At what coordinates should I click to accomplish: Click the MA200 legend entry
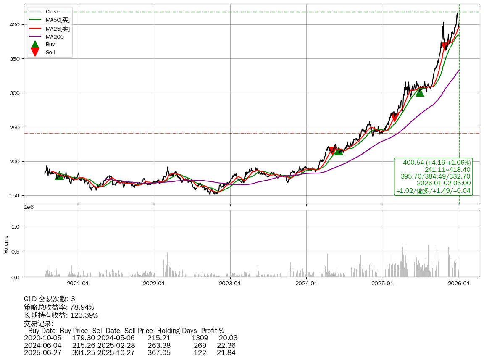(54, 37)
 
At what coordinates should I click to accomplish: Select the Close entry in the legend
(53, 11)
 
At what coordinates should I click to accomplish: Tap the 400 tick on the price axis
(15, 25)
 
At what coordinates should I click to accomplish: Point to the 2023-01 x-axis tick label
(230, 284)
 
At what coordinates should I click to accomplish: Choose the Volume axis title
(6, 244)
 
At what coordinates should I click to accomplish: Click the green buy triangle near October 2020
(60, 175)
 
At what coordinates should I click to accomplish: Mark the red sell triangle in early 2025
(394, 117)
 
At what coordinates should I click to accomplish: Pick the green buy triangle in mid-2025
(420, 92)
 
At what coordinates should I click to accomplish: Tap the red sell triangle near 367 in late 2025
(445, 47)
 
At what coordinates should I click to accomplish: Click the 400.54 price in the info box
(414, 162)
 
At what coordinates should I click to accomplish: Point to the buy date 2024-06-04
(42, 345)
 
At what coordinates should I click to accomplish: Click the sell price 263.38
(159, 345)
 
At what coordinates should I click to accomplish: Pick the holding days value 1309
(200, 338)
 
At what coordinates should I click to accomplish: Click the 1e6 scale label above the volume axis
(29, 207)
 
